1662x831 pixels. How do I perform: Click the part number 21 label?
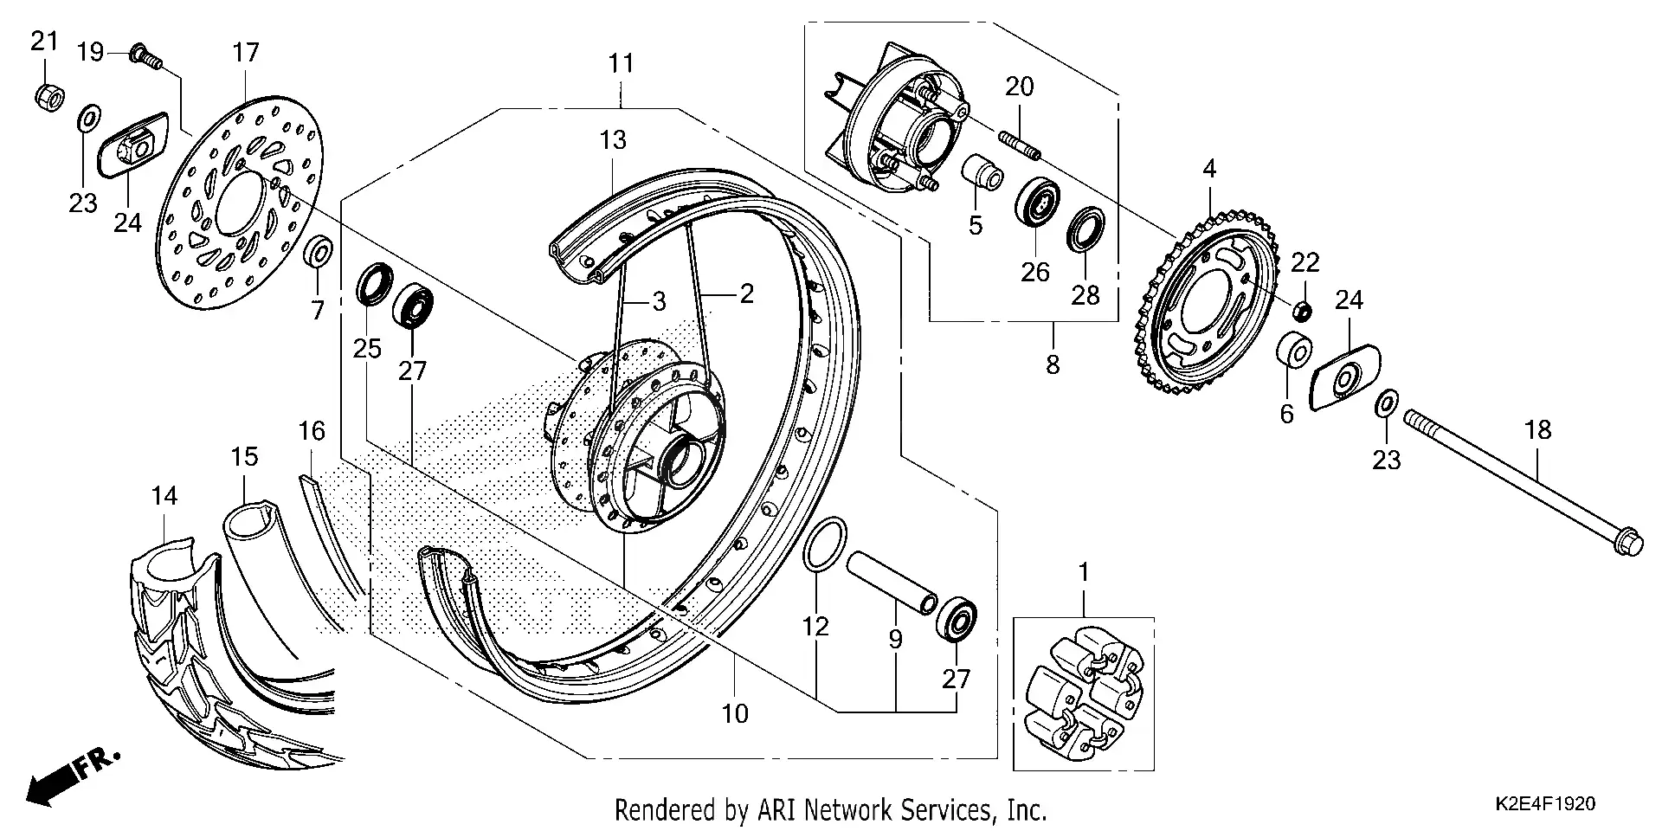click(44, 41)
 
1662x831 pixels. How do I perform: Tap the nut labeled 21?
click(49, 98)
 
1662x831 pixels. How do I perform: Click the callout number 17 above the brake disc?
click(246, 53)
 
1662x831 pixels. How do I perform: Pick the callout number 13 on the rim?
click(613, 139)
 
